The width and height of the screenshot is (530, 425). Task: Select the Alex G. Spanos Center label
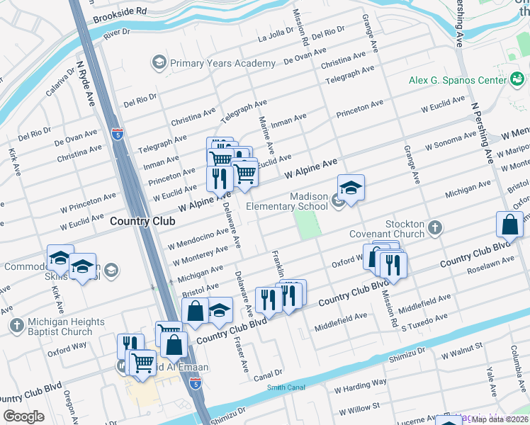point(458,80)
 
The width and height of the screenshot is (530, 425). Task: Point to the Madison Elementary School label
point(287,201)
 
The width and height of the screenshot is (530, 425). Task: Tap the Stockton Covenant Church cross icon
point(435,228)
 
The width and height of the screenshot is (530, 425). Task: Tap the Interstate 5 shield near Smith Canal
point(195,383)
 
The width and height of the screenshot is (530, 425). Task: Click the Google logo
point(24,416)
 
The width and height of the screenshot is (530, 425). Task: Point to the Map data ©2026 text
point(499,419)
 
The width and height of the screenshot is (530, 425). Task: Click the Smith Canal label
point(287,387)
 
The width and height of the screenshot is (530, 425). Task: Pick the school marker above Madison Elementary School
point(351,188)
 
